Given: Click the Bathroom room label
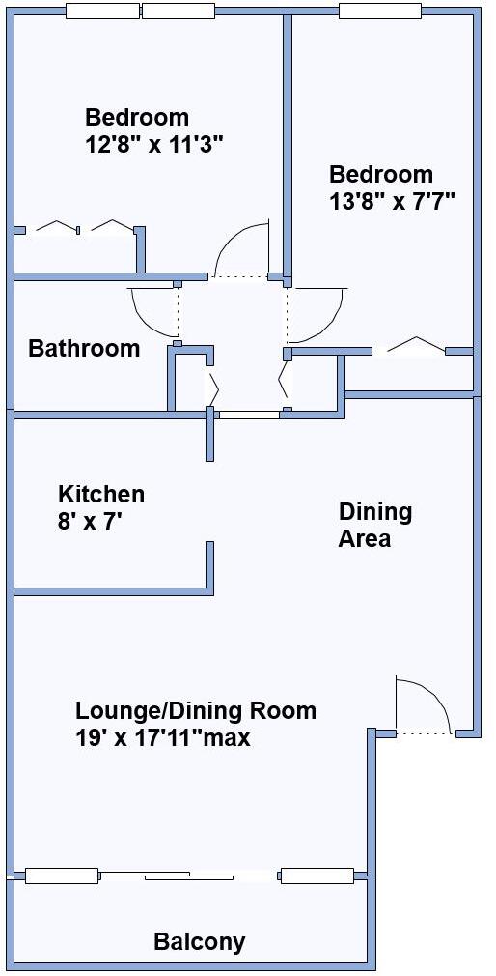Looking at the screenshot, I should tap(84, 348).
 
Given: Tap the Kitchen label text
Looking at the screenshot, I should tap(101, 494).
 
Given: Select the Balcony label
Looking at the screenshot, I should tap(200, 941).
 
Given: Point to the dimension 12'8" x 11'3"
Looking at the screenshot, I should tap(154, 144).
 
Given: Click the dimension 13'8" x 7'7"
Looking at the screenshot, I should tap(392, 201).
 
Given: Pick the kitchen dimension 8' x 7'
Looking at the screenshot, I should tap(90, 522).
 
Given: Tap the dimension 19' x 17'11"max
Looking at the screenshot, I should tap(163, 738).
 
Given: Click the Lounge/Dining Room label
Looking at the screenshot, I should tap(196, 711).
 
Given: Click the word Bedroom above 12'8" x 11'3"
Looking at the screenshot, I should tap(137, 118).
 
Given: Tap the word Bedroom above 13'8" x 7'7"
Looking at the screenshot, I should tap(381, 175).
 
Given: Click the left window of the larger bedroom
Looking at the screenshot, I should tap(101, 12).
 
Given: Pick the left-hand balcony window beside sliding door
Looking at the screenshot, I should tap(62, 876).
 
